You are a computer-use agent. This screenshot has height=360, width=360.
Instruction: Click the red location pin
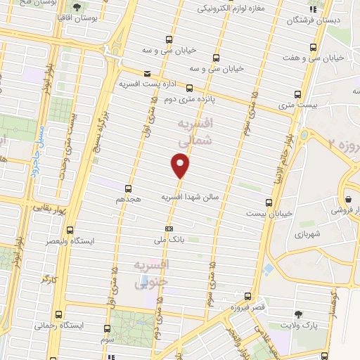(181, 165)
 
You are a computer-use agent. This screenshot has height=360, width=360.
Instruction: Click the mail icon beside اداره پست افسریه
(146, 74)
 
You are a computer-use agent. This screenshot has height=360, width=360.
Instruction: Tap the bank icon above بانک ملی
(169, 229)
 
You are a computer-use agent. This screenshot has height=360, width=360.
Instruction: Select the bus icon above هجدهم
(128, 188)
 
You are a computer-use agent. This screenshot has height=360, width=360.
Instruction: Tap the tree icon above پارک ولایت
(299, 314)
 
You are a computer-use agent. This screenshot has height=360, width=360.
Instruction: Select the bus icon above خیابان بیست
(269, 202)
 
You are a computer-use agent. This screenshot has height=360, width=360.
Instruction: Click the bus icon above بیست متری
(298, 94)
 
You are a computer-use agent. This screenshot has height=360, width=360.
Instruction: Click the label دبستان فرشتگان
(313, 21)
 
